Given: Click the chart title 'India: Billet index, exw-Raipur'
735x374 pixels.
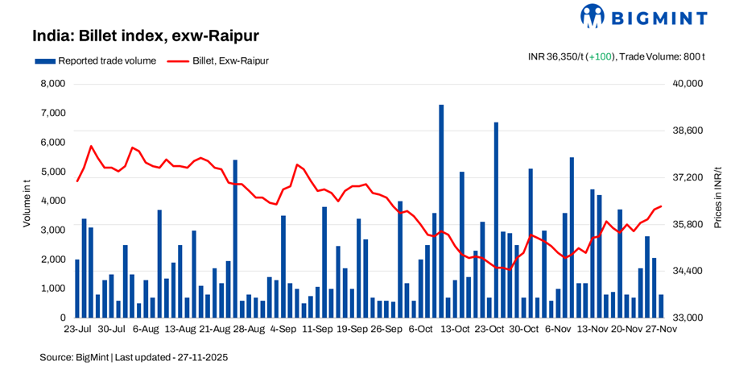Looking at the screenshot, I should coord(145,36).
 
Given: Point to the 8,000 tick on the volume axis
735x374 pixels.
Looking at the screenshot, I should coord(52,84).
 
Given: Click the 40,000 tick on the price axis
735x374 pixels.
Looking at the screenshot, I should coord(688,84).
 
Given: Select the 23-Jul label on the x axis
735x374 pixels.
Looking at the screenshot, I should coord(76,329).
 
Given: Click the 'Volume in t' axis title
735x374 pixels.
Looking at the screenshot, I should coord(27,201).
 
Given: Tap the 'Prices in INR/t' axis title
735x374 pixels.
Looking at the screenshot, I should coord(718,201).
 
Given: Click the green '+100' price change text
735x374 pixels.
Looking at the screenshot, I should coord(601,56).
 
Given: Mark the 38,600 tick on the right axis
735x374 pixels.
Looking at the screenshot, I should coord(688,131).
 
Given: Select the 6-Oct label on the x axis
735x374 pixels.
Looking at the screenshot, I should coord(421,329).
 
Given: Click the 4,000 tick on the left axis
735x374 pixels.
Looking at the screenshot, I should coord(52,201).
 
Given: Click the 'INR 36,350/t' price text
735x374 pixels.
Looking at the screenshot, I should coord(556,56).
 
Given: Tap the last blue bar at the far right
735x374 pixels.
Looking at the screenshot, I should coord(661,306).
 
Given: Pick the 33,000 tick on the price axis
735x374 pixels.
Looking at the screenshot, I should coord(688,318).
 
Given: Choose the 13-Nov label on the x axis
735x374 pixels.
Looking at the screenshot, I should coord(592,329).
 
